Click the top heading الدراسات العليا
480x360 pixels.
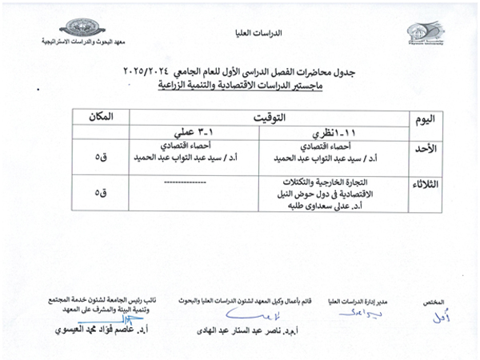point(240,34)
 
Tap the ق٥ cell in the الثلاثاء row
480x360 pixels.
point(100,193)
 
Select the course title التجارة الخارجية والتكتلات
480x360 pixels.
point(335,181)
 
